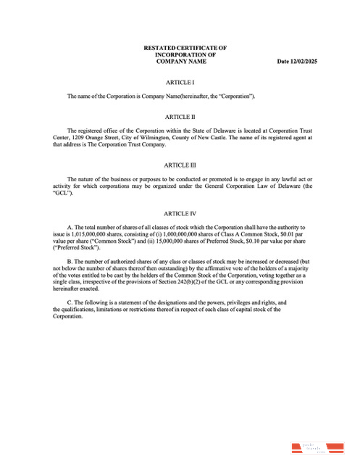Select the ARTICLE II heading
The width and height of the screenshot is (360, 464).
(180, 117)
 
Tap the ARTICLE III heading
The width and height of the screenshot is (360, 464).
(180, 165)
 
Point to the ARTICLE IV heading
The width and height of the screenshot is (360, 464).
(180, 213)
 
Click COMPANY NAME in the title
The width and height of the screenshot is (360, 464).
(180, 62)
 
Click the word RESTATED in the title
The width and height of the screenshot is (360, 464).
(162, 48)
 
